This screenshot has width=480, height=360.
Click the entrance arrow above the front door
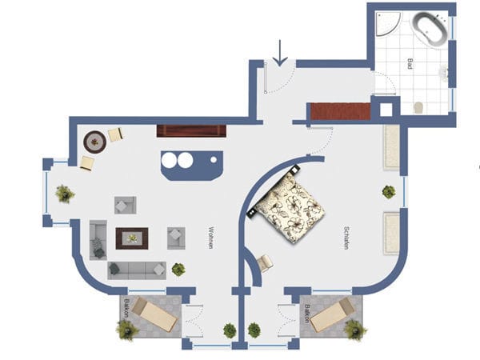(x=280, y=54)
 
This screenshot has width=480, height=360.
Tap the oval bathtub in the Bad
(x=430, y=29)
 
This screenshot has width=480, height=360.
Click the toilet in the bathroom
(x=418, y=107)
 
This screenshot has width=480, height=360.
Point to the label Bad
(x=410, y=64)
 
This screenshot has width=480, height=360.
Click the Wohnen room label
(x=210, y=238)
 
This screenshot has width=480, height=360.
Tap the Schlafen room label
(x=346, y=238)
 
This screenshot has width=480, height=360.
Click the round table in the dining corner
(x=95, y=142)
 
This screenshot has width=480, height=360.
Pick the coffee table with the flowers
(x=132, y=238)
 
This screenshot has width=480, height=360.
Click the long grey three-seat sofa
(x=137, y=270)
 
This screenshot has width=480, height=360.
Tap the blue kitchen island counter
(x=192, y=166)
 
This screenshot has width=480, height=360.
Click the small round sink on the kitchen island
(x=214, y=159)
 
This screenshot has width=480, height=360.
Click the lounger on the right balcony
(x=332, y=314)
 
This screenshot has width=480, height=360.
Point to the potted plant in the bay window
(x=65, y=194)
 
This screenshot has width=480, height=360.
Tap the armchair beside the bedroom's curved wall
(x=265, y=262)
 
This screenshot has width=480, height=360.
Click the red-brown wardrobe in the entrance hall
(x=341, y=111)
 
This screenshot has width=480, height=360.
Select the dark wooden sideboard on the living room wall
(x=191, y=130)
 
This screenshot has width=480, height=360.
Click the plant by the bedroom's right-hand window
(x=389, y=192)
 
